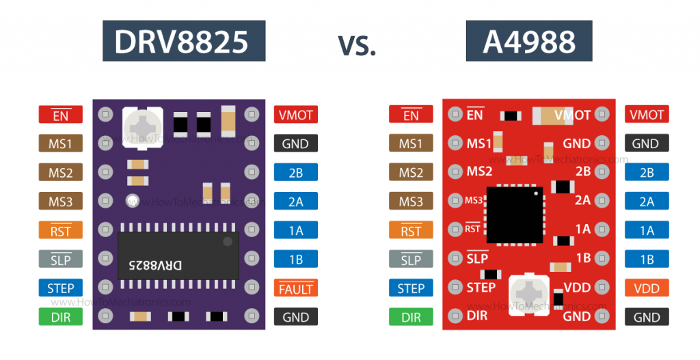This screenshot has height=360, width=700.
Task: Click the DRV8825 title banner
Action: (x=183, y=42)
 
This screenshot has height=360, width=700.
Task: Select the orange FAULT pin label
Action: (x=296, y=288)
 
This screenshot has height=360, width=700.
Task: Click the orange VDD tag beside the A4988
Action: (x=647, y=288)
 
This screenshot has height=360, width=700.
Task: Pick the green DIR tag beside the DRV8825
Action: (x=61, y=317)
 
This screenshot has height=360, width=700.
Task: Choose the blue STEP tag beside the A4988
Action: (x=411, y=288)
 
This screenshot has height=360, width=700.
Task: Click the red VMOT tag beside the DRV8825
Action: (x=296, y=115)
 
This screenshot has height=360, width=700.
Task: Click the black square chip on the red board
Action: (x=515, y=214)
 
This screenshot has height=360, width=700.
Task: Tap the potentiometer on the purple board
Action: (x=142, y=126)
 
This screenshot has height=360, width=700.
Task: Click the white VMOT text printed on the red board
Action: (x=572, y=115)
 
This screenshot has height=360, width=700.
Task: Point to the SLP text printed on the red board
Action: (x=477, y=258)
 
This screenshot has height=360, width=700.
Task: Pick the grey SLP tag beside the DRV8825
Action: (x=61, y=260)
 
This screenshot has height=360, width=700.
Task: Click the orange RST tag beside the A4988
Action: (x=411, y=230)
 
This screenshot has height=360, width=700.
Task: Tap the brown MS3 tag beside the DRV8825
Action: (x=61, y=202)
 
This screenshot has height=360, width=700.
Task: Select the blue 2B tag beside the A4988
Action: (x=647, y=173)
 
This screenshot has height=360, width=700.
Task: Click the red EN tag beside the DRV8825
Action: (x=61, y=115)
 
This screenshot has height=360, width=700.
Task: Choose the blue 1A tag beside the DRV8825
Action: (x=296, y=230)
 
